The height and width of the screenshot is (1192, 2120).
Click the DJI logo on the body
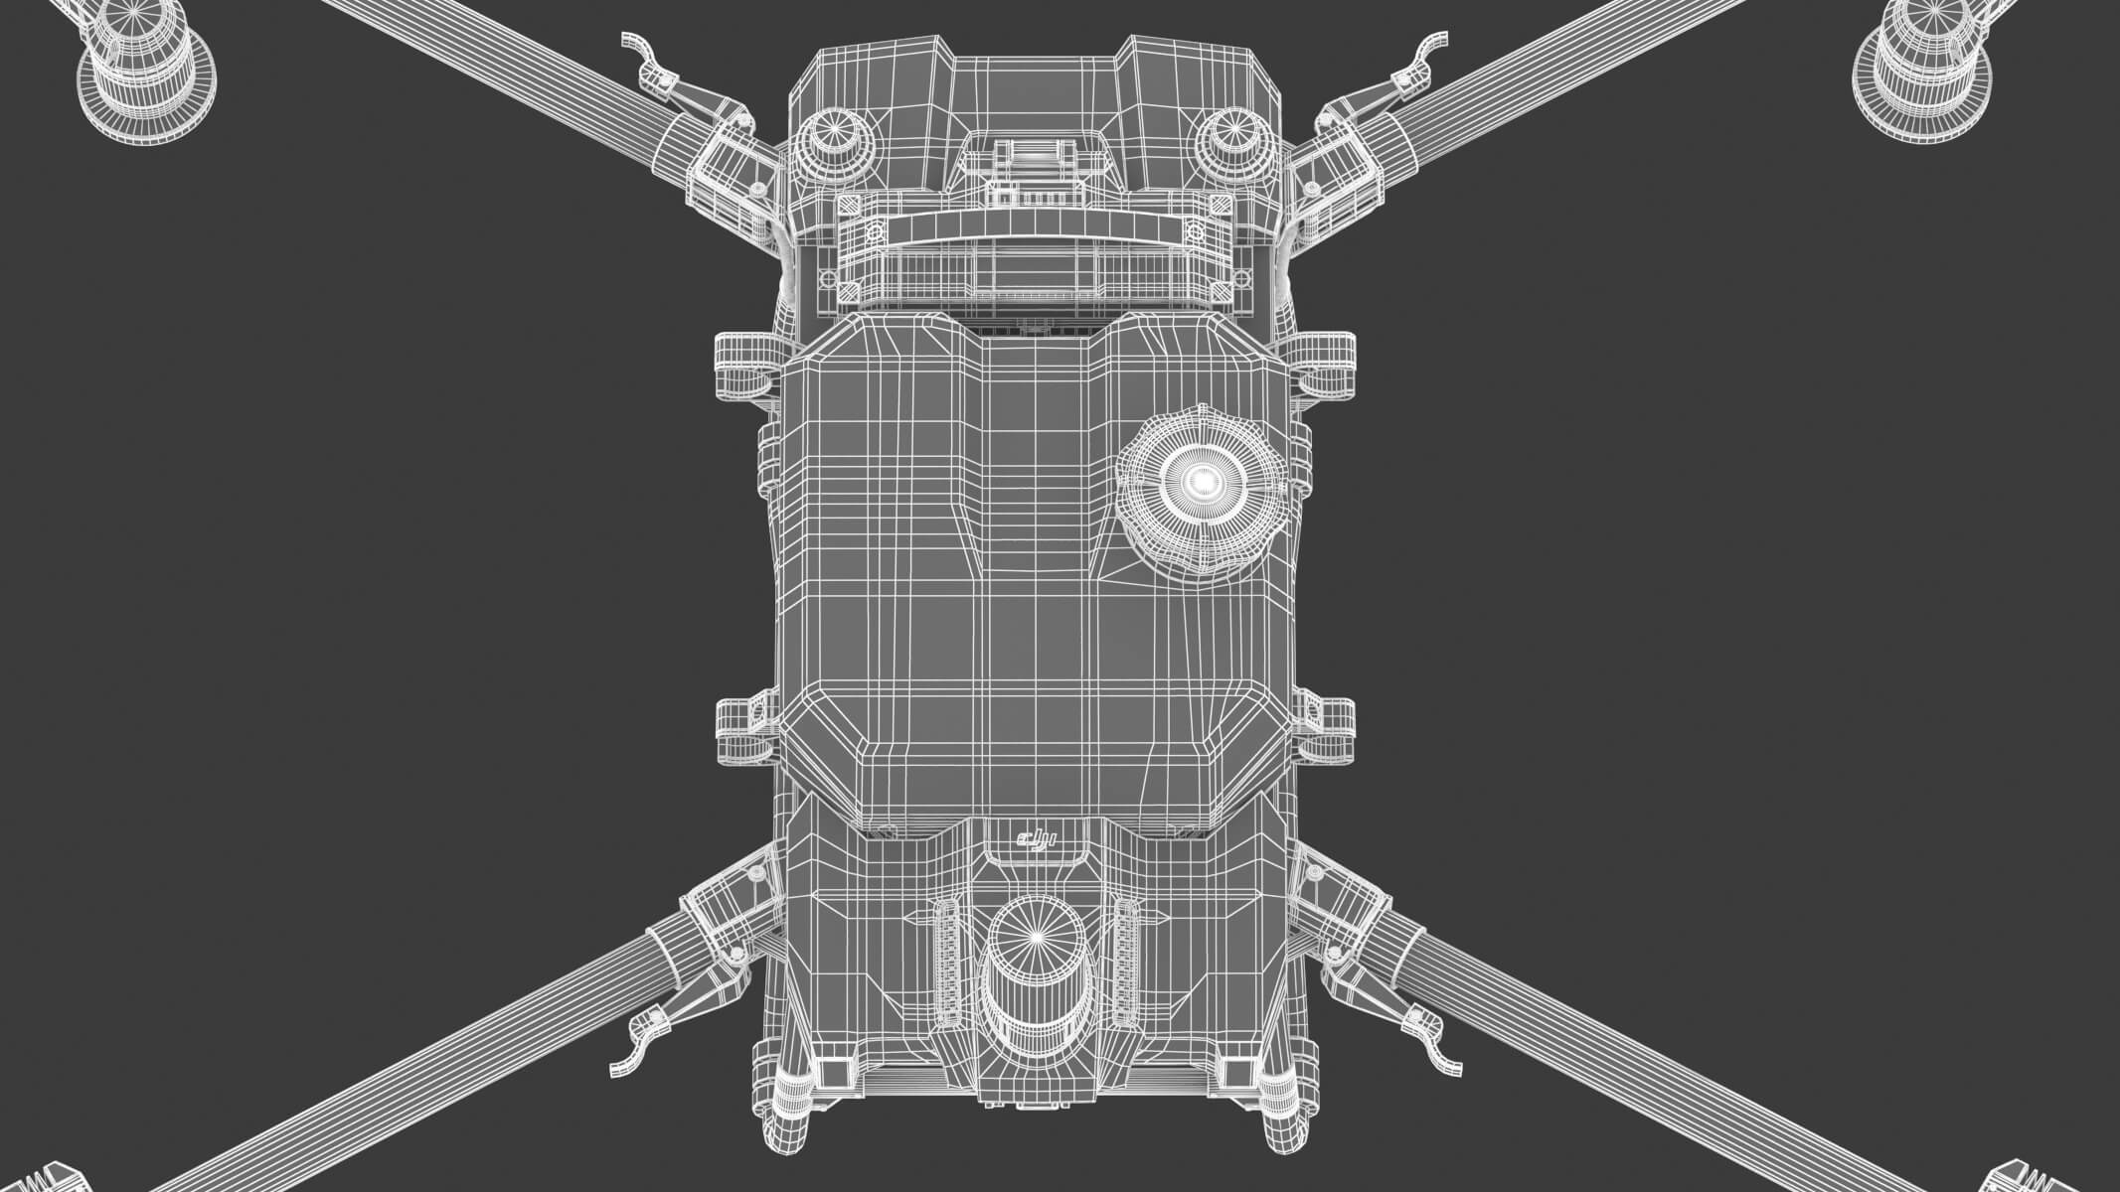[1034, 842]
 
